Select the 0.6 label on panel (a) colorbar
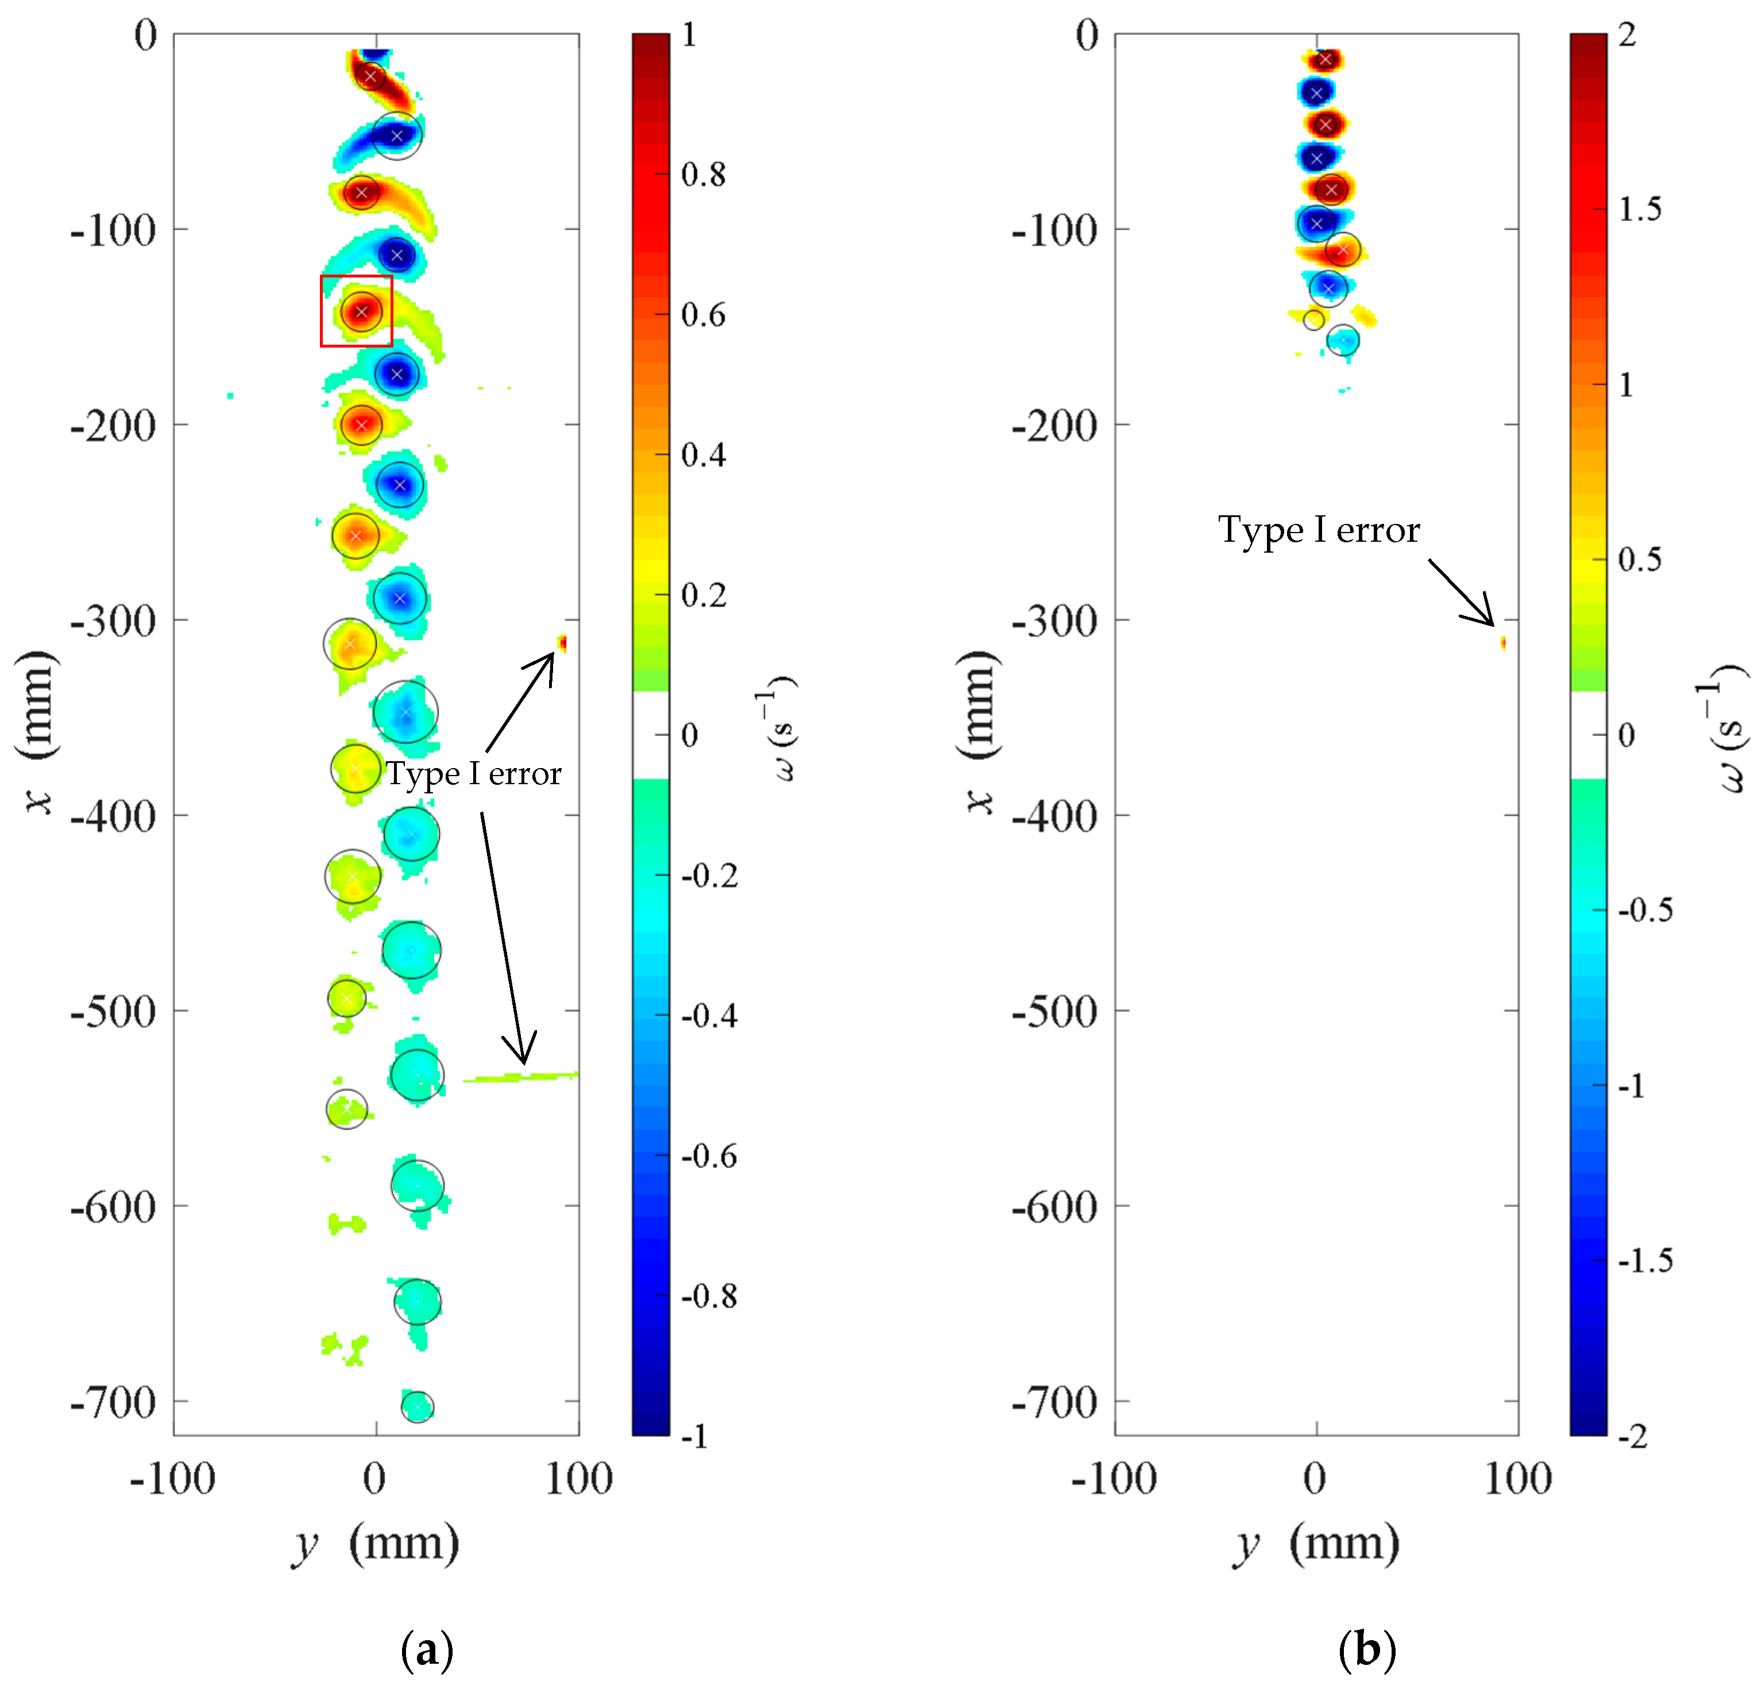pos(703,315)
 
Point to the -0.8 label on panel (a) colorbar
pos(709,1296)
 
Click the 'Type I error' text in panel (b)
pos(1319,530)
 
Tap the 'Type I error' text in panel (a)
pos(473,773)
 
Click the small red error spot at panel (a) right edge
pos(563,643)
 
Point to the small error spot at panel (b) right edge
pos(1504,643)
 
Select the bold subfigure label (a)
pos(427,1649)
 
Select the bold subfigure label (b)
pos(1367,1649)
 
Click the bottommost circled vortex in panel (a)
pos(418,1406)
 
